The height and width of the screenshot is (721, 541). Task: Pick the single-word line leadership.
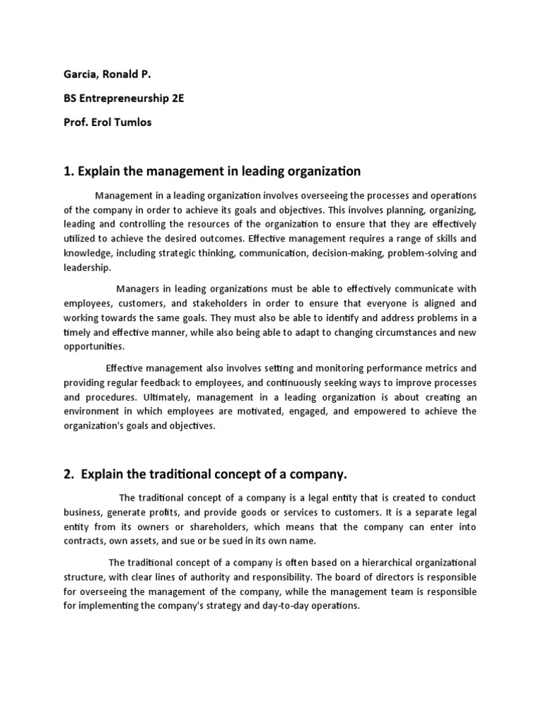pos(87,268)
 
